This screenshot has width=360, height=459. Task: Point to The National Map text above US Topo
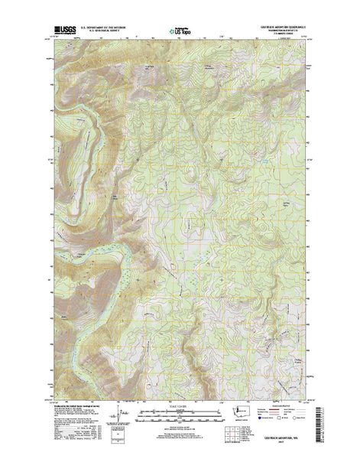[x=178, y=28]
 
